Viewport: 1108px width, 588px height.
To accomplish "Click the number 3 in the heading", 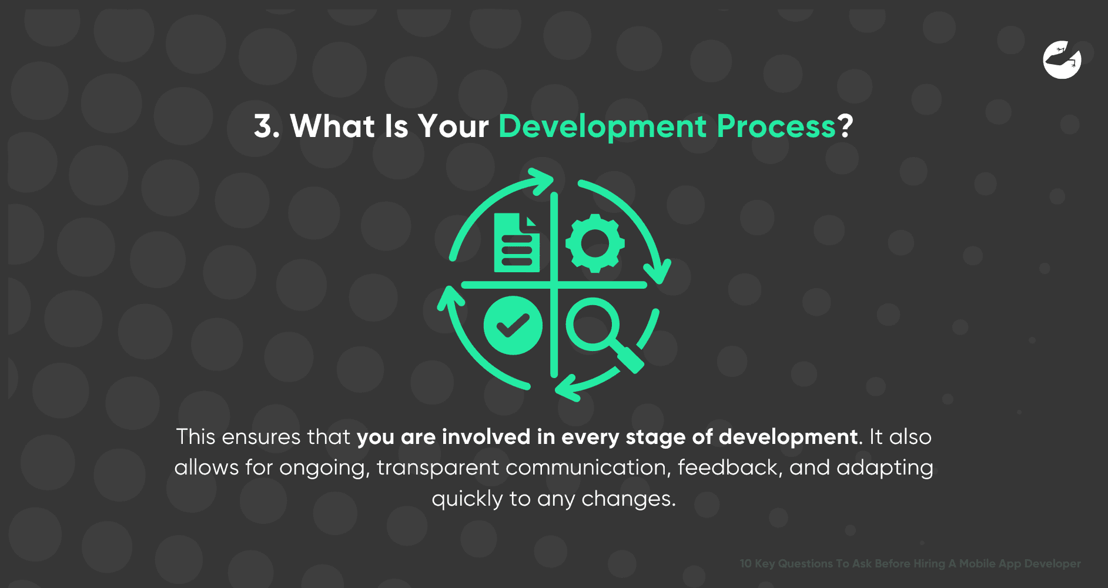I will (263, 126).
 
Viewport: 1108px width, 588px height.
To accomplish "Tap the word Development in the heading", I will (602, 126).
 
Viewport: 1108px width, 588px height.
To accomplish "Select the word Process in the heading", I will (776, 126).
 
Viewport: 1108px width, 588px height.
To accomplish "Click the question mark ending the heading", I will (845, 126).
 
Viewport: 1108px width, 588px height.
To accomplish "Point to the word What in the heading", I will (332, 126).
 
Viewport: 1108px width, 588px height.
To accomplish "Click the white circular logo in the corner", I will (1062, 60).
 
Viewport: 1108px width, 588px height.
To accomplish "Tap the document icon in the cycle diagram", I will (517, 243).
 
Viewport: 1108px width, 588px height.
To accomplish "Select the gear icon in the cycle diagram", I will (595, 243).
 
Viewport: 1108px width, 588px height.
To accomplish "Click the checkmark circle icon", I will (513, 325).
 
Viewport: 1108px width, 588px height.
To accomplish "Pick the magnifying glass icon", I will (602, 332).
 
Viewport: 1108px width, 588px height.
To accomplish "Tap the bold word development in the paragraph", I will (788, 437).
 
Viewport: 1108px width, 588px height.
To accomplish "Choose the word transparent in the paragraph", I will (437, 467).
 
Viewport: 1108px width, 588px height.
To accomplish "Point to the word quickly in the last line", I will (467, 499).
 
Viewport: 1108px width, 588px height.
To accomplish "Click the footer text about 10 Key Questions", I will (910, 563).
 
